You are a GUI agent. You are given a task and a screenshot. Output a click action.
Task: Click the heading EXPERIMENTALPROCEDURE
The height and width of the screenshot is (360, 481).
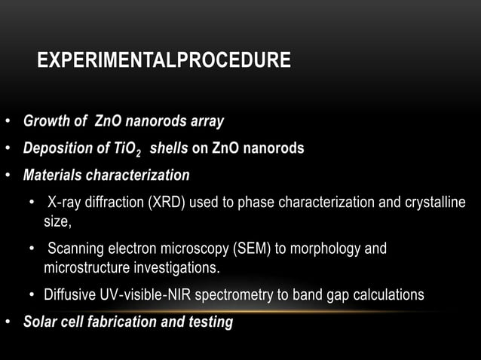tap(164, 60)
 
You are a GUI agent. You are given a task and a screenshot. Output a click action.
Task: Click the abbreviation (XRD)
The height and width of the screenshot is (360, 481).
tap(166, 203)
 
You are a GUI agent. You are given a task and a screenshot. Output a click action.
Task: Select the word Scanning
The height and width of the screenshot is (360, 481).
tap(75, 249)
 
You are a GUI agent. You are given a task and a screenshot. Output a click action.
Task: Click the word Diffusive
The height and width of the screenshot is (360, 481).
tap(70, 294)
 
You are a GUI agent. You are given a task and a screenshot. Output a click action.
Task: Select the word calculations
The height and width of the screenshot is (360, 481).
tap(388, 294)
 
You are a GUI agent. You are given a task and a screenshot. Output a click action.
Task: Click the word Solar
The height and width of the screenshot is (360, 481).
tap(40, 322)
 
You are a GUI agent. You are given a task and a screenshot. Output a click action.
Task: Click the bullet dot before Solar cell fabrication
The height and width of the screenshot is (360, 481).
tap(7, 322)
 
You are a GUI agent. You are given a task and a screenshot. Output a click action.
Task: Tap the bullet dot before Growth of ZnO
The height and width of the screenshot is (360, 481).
tap(7, 121)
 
